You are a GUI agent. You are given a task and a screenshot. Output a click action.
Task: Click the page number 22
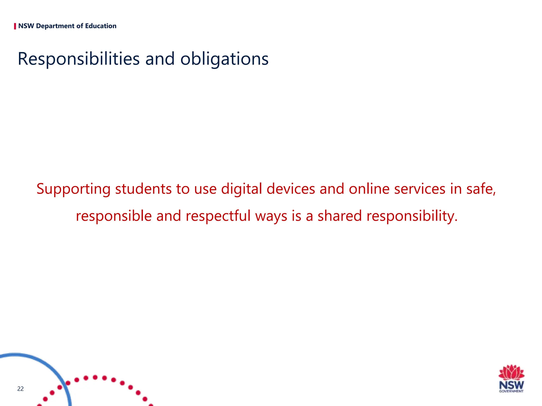pyautogui.click(x=20, y=389)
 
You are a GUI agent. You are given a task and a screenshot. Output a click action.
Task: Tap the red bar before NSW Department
pyautogui.click(x=15, y=26)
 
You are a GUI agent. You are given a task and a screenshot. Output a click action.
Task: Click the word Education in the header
pyautogui.click(x=101, y=26)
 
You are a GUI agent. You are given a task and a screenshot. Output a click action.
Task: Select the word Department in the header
pyautogui.click(x=55, y=26)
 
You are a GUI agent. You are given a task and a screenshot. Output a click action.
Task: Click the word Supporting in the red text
pyautogui.click(x=74, y=189)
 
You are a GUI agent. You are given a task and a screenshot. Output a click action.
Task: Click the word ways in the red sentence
pyautogui.click(x=271, y=216)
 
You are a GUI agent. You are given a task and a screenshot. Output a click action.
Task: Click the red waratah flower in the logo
pyautogui.click(x=511, y=372)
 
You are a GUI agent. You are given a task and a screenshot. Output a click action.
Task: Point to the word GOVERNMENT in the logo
pyautogui.click(x=511, y=391)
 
